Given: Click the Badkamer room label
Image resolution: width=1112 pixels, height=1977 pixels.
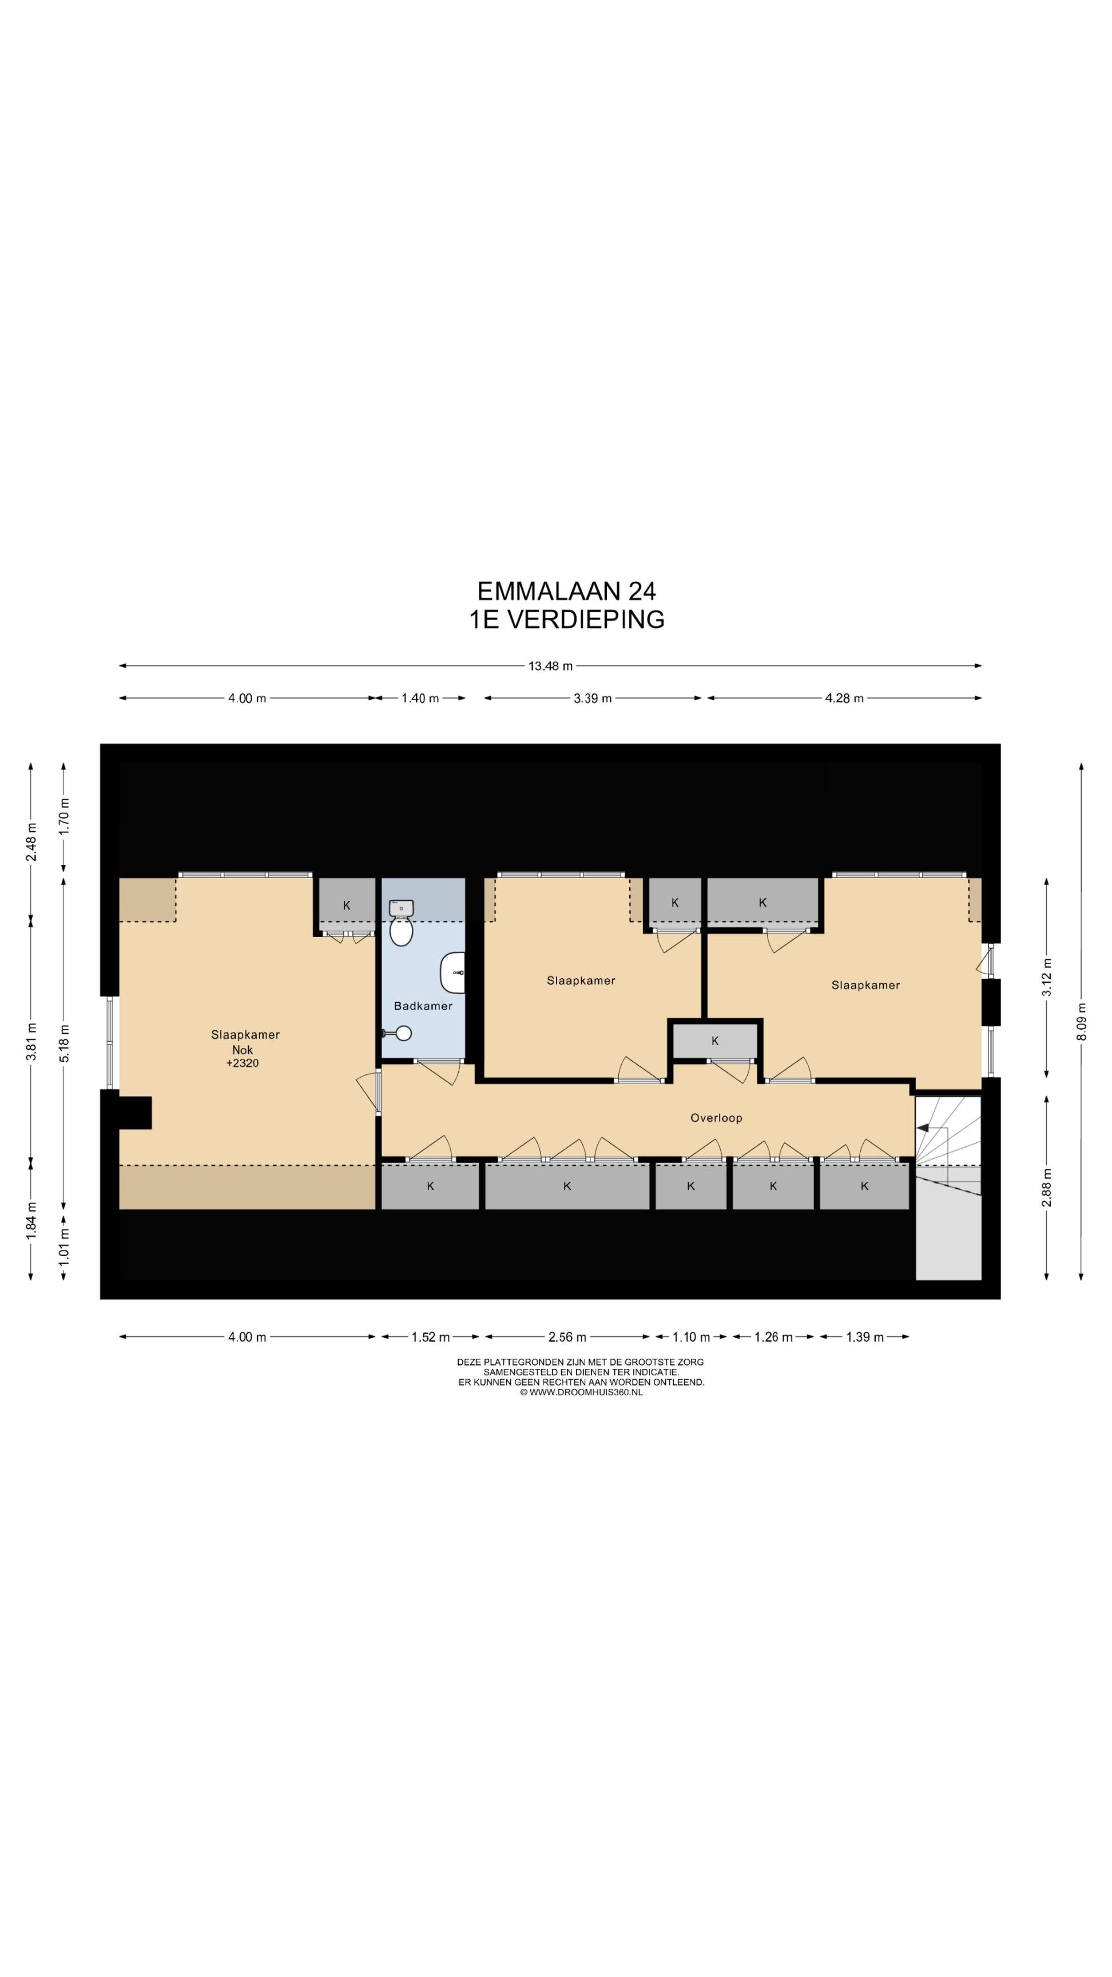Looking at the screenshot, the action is (423, 1006).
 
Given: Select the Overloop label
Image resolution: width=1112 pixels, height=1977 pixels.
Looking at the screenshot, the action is (716, 1117).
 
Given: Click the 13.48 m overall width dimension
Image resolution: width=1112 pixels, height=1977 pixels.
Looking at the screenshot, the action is (550, 665).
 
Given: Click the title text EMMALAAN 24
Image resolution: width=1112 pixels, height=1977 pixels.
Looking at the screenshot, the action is (566, 590).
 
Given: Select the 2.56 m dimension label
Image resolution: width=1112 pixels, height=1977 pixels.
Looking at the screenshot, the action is (567, 1336).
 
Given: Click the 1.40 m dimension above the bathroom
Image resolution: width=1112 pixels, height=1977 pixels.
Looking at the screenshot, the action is (420, 698).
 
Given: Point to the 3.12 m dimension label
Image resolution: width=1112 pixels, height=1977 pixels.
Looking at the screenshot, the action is (1046, 977).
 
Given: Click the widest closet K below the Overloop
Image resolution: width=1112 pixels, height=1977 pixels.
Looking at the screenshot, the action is (567, 1186).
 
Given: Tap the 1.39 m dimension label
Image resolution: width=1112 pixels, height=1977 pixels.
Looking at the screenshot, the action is (865, 1336).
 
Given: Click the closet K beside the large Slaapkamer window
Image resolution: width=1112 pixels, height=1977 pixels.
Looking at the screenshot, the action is (347, 905).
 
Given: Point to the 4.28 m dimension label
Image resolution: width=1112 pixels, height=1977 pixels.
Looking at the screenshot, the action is (844, 698).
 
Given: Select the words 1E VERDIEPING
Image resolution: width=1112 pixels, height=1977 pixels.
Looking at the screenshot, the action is (567, 618).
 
